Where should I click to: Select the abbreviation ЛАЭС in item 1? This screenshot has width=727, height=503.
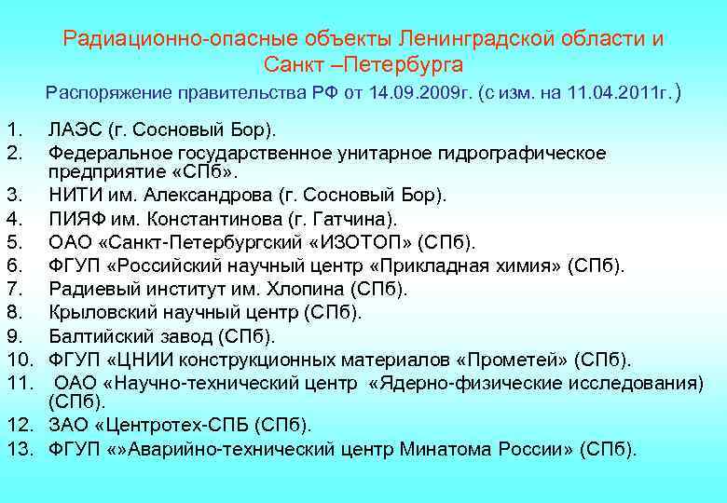[x=75, y=128]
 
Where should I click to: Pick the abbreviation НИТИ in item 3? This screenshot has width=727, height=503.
[x=74, y=197]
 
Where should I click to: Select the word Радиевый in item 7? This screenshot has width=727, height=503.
[x=91, y=290]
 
